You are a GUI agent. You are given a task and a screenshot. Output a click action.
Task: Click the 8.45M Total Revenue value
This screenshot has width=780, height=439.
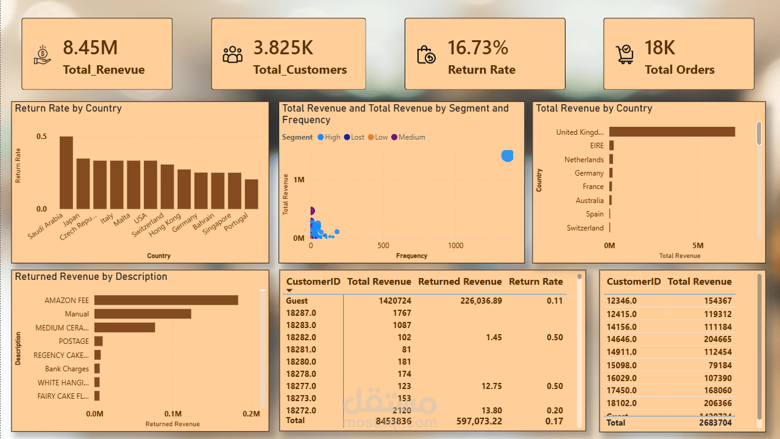90,48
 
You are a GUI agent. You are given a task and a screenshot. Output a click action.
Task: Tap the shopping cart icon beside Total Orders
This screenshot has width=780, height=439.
625,54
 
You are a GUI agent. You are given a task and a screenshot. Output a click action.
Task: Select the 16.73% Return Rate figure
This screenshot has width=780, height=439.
478,48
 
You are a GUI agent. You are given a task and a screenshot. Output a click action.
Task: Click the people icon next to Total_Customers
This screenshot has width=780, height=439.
232,55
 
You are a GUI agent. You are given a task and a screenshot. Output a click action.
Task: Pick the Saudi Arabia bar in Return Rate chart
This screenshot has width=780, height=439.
66,173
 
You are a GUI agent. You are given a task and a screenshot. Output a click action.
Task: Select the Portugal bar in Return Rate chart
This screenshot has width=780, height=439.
251,194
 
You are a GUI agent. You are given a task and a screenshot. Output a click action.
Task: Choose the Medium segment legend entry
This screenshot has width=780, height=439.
408,137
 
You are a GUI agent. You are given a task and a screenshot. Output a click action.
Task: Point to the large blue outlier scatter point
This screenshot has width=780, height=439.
507,155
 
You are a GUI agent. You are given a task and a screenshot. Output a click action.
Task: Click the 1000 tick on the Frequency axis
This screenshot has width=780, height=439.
455,246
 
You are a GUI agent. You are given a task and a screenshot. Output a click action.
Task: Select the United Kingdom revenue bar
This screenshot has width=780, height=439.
672,132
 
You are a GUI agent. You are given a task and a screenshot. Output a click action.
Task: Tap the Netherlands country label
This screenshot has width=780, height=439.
584,160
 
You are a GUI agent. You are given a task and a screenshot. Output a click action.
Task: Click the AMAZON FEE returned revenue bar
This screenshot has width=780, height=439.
166,300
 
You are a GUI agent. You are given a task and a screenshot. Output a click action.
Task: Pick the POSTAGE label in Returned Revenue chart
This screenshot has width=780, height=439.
74,341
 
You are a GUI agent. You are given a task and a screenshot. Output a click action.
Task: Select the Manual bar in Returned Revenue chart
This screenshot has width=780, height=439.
142,314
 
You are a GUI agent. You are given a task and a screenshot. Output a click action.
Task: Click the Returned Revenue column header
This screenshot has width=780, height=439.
459,282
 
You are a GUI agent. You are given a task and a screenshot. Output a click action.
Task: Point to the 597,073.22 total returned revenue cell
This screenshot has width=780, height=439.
479,421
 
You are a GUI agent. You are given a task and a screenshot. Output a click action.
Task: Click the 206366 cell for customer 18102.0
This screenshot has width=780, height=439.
716,403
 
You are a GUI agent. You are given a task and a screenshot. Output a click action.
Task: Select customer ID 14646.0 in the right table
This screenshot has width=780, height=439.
622,339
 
